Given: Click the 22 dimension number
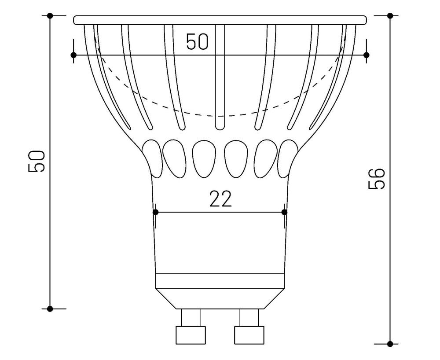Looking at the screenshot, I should pos(220,200).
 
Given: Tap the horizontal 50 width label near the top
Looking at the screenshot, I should pos(197,42).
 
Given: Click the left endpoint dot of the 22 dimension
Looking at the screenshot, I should pos(155,212).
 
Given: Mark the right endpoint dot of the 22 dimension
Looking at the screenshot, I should pos(284,212).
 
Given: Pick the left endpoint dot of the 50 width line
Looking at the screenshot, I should pos(73,55).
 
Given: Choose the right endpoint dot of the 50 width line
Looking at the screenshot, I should pos(366,55).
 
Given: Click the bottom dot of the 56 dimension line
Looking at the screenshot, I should pos(390,343).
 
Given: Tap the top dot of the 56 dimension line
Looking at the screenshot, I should pos(390,15).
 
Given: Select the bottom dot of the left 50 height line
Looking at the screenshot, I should pos(50,309).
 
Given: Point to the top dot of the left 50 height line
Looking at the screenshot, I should pos(50,15).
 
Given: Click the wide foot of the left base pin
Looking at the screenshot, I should pos(191,335).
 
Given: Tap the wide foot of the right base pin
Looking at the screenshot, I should pos(249,335).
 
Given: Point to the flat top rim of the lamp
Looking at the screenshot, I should pos(220,20).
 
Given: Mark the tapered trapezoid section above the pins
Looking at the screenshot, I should pos(220,298).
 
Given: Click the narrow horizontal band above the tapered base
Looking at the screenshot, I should pos(220,281).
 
